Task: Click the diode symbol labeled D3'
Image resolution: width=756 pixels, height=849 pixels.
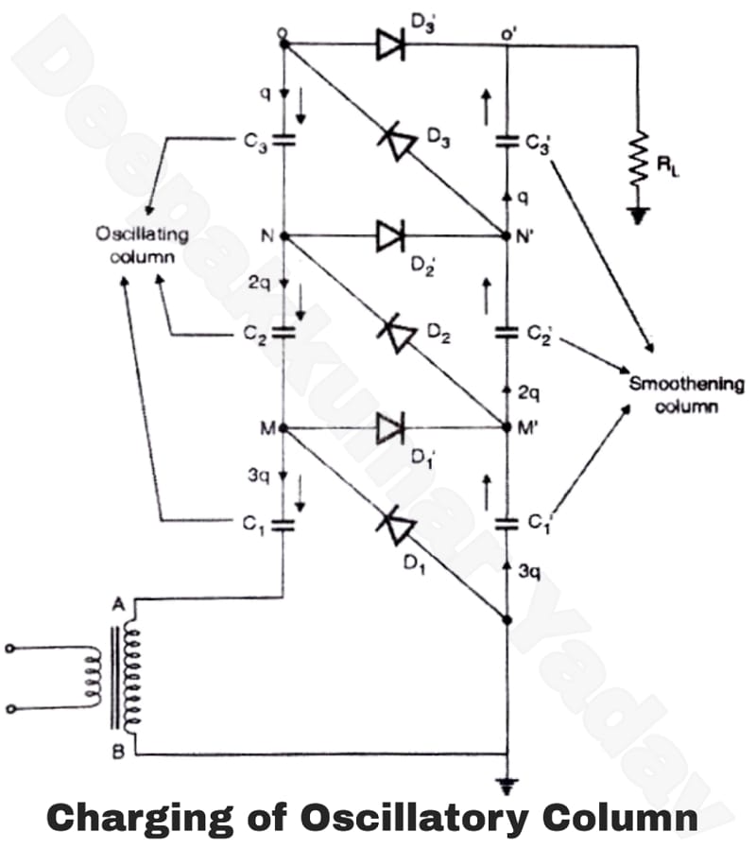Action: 390,43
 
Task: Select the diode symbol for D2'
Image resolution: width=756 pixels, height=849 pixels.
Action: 390,235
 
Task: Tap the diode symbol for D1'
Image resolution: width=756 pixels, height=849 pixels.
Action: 390,428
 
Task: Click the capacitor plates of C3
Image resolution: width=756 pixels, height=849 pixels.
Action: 283,142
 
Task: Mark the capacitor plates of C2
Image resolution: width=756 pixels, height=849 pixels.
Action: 283,333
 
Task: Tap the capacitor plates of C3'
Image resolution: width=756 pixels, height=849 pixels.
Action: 509,142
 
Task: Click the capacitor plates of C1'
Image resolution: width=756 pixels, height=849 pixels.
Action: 509,521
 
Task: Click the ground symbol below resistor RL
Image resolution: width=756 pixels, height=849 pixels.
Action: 644,217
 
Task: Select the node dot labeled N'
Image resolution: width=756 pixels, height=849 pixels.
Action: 508,236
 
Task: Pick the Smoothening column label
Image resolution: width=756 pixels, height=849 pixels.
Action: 687,395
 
